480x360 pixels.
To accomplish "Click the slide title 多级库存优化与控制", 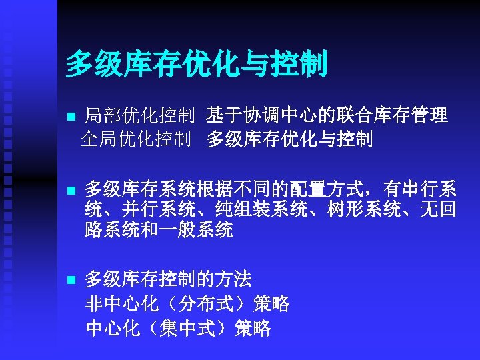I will (197, 65).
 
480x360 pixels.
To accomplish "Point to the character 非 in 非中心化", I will (95, 304).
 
